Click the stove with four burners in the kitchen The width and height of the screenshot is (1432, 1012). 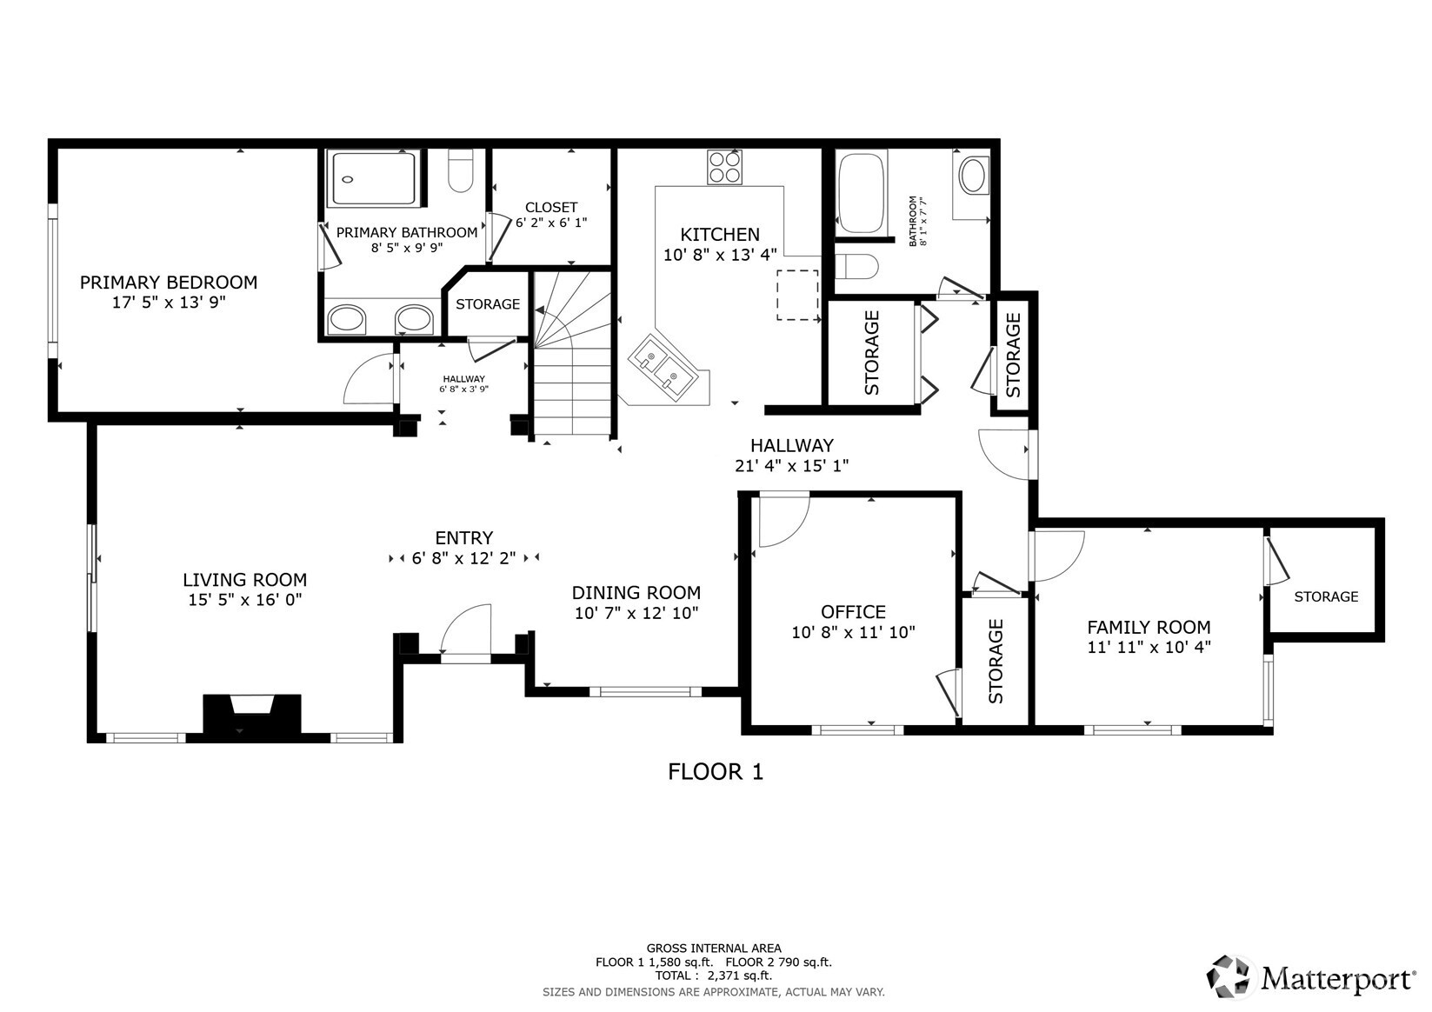pyautogui.click(x=724, y=167)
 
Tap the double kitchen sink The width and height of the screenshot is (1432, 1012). pyautogui.click(x=662, y=365)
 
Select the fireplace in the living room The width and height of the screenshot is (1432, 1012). pyautogui.click(x=252, y=716)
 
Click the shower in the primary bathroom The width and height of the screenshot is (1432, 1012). pyautogui.click(x=373, y=178)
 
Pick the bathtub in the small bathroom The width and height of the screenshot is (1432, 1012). pyautogui.click(x=861, y=193)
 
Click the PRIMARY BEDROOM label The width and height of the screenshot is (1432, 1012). pyautogui.click(x=169, y=283)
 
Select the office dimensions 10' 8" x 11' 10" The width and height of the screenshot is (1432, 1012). pyautogui.click(x=853, y=633)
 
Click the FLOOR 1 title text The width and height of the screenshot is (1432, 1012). pyautogui.click(x=715, y=772)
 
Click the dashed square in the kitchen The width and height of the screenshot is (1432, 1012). pyautogui.click(x=797, y=295)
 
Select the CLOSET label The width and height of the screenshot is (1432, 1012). pyautogui.click(x=551, y=207)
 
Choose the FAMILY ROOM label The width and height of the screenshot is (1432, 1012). pyautogui.click(x=1149, y=627)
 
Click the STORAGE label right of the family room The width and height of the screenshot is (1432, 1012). pyautogui.click(x=1325, y=596)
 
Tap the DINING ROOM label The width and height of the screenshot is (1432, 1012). pyautogui.click(x=636, y=593)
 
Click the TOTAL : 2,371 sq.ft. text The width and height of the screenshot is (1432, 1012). pyautogui.click(x=713, y=975)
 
